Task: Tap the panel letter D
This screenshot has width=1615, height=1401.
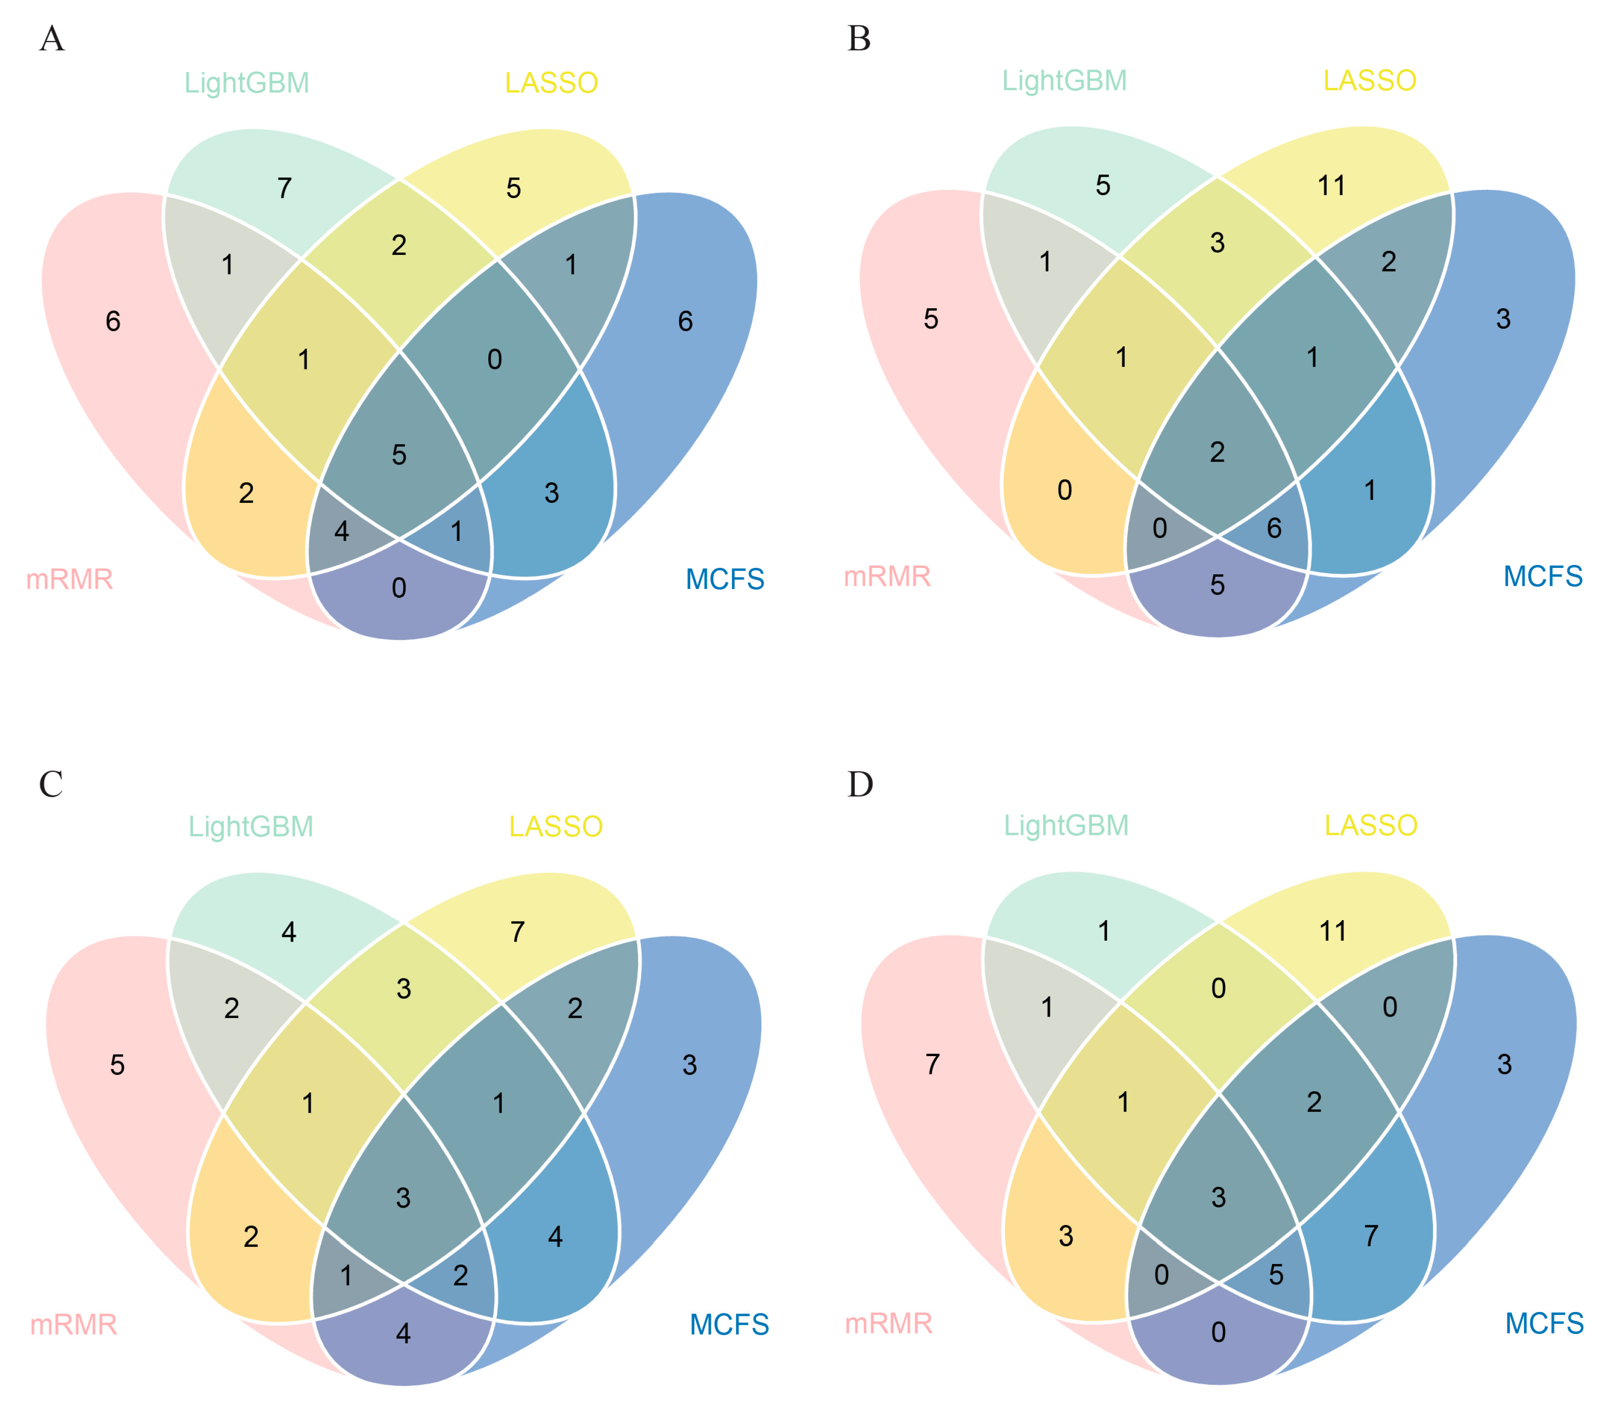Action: tap(860, 784)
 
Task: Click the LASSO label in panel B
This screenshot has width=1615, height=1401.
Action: tap(1369, 81)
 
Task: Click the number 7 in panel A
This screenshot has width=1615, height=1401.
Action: tap(285, 188)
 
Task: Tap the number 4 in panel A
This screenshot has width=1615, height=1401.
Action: tap(341, 532)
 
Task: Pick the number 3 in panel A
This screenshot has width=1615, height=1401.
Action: tap(552, 493)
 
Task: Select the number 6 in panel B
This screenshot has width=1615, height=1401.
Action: tap(1274, 528)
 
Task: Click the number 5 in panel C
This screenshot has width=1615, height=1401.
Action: tap(117, 1065)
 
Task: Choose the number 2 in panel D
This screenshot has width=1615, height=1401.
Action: tap(1314, 1102)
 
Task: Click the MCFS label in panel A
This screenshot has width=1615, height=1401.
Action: tap(725, 579)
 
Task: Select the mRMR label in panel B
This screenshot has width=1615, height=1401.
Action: tap(887, 577)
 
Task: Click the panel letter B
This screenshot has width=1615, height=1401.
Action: tap(859, 38)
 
